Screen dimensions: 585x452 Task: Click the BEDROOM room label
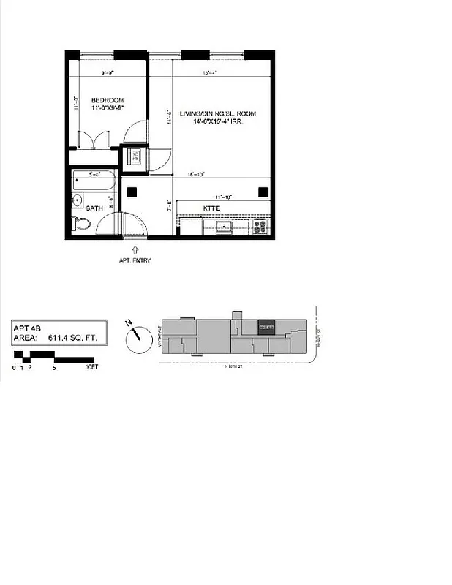108,100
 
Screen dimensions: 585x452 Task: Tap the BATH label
94,208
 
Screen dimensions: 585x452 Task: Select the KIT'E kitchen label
212,208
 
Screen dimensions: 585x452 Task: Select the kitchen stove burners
260,226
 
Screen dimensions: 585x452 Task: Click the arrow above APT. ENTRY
135,249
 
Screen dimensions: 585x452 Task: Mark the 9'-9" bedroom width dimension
109,72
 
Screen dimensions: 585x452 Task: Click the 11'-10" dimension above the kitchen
223,197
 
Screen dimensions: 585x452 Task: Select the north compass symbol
135,338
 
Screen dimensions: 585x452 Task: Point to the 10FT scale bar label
91,366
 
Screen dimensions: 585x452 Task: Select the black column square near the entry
133,192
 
